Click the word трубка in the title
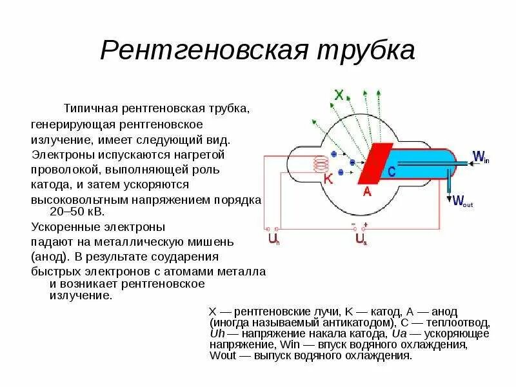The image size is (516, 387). click(x=364, y=50)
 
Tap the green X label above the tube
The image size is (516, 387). click(x=339, y=95)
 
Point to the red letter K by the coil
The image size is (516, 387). click(x=328, y=180)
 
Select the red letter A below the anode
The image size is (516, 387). click(x=366, y=192)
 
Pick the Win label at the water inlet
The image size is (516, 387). click(x=481, y=157)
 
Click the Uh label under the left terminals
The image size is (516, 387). click(x=273, y=240)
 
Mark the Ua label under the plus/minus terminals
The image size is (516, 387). click(x=361, y=240)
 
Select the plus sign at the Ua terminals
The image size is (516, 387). click(x=366, y=224)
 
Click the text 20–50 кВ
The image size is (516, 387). click(x=76, y=211)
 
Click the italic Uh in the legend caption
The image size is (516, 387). click(x=217, y=333)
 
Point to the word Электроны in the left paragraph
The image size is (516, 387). click(x=58, y=155)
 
